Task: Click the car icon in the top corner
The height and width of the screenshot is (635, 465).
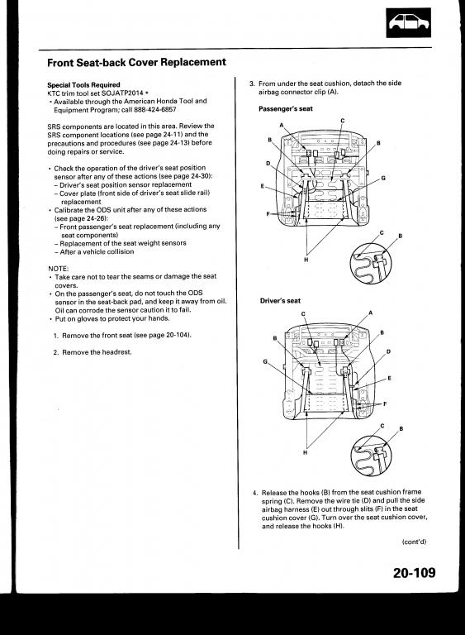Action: click(408, 22)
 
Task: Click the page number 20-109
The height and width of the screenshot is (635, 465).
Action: click(414, 573)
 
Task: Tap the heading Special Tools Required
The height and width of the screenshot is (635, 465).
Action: click(83, 85)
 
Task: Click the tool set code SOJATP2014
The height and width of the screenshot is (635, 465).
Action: click(122, 93)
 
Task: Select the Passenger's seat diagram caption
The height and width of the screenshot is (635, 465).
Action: click(286, 109)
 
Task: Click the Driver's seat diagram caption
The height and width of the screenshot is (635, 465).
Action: click(281, 301)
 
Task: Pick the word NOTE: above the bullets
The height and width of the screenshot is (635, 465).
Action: click(59, 269)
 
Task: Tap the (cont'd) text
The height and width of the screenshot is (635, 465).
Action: click(414, 542)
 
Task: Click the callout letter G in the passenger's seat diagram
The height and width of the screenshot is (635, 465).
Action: click(383, 178)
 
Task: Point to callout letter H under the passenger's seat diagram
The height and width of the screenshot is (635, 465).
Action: click(306, 259)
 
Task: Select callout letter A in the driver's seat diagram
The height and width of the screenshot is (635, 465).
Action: click(370, 313)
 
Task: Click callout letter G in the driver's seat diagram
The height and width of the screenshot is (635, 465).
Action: click(265, 361)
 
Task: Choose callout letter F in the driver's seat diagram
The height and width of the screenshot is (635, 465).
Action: click(385, 403)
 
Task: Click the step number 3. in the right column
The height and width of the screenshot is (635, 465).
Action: click(252, 84)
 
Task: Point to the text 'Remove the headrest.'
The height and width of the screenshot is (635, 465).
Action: click(97, 352)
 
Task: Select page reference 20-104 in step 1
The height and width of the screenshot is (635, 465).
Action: click(177, 336)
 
